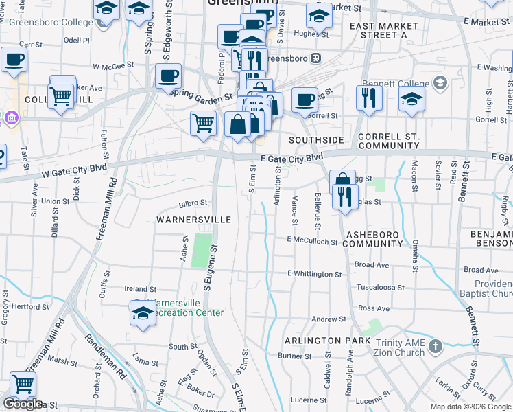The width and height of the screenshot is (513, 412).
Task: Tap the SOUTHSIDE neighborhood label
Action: pos(315,139)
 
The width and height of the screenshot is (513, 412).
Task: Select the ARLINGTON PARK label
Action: pos(323,341)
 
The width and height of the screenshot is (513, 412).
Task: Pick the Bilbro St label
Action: pos(193,203)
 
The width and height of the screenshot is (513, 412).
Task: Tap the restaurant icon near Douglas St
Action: pos(345,196)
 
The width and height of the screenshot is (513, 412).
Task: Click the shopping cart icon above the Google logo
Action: pos(23,384)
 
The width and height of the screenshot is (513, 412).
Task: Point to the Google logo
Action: pos(23,404)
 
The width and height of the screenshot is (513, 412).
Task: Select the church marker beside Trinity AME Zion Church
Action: pos(435,347)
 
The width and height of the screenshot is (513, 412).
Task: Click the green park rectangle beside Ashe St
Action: pos(202,251)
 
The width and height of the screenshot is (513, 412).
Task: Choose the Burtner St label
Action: pos(295,356)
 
